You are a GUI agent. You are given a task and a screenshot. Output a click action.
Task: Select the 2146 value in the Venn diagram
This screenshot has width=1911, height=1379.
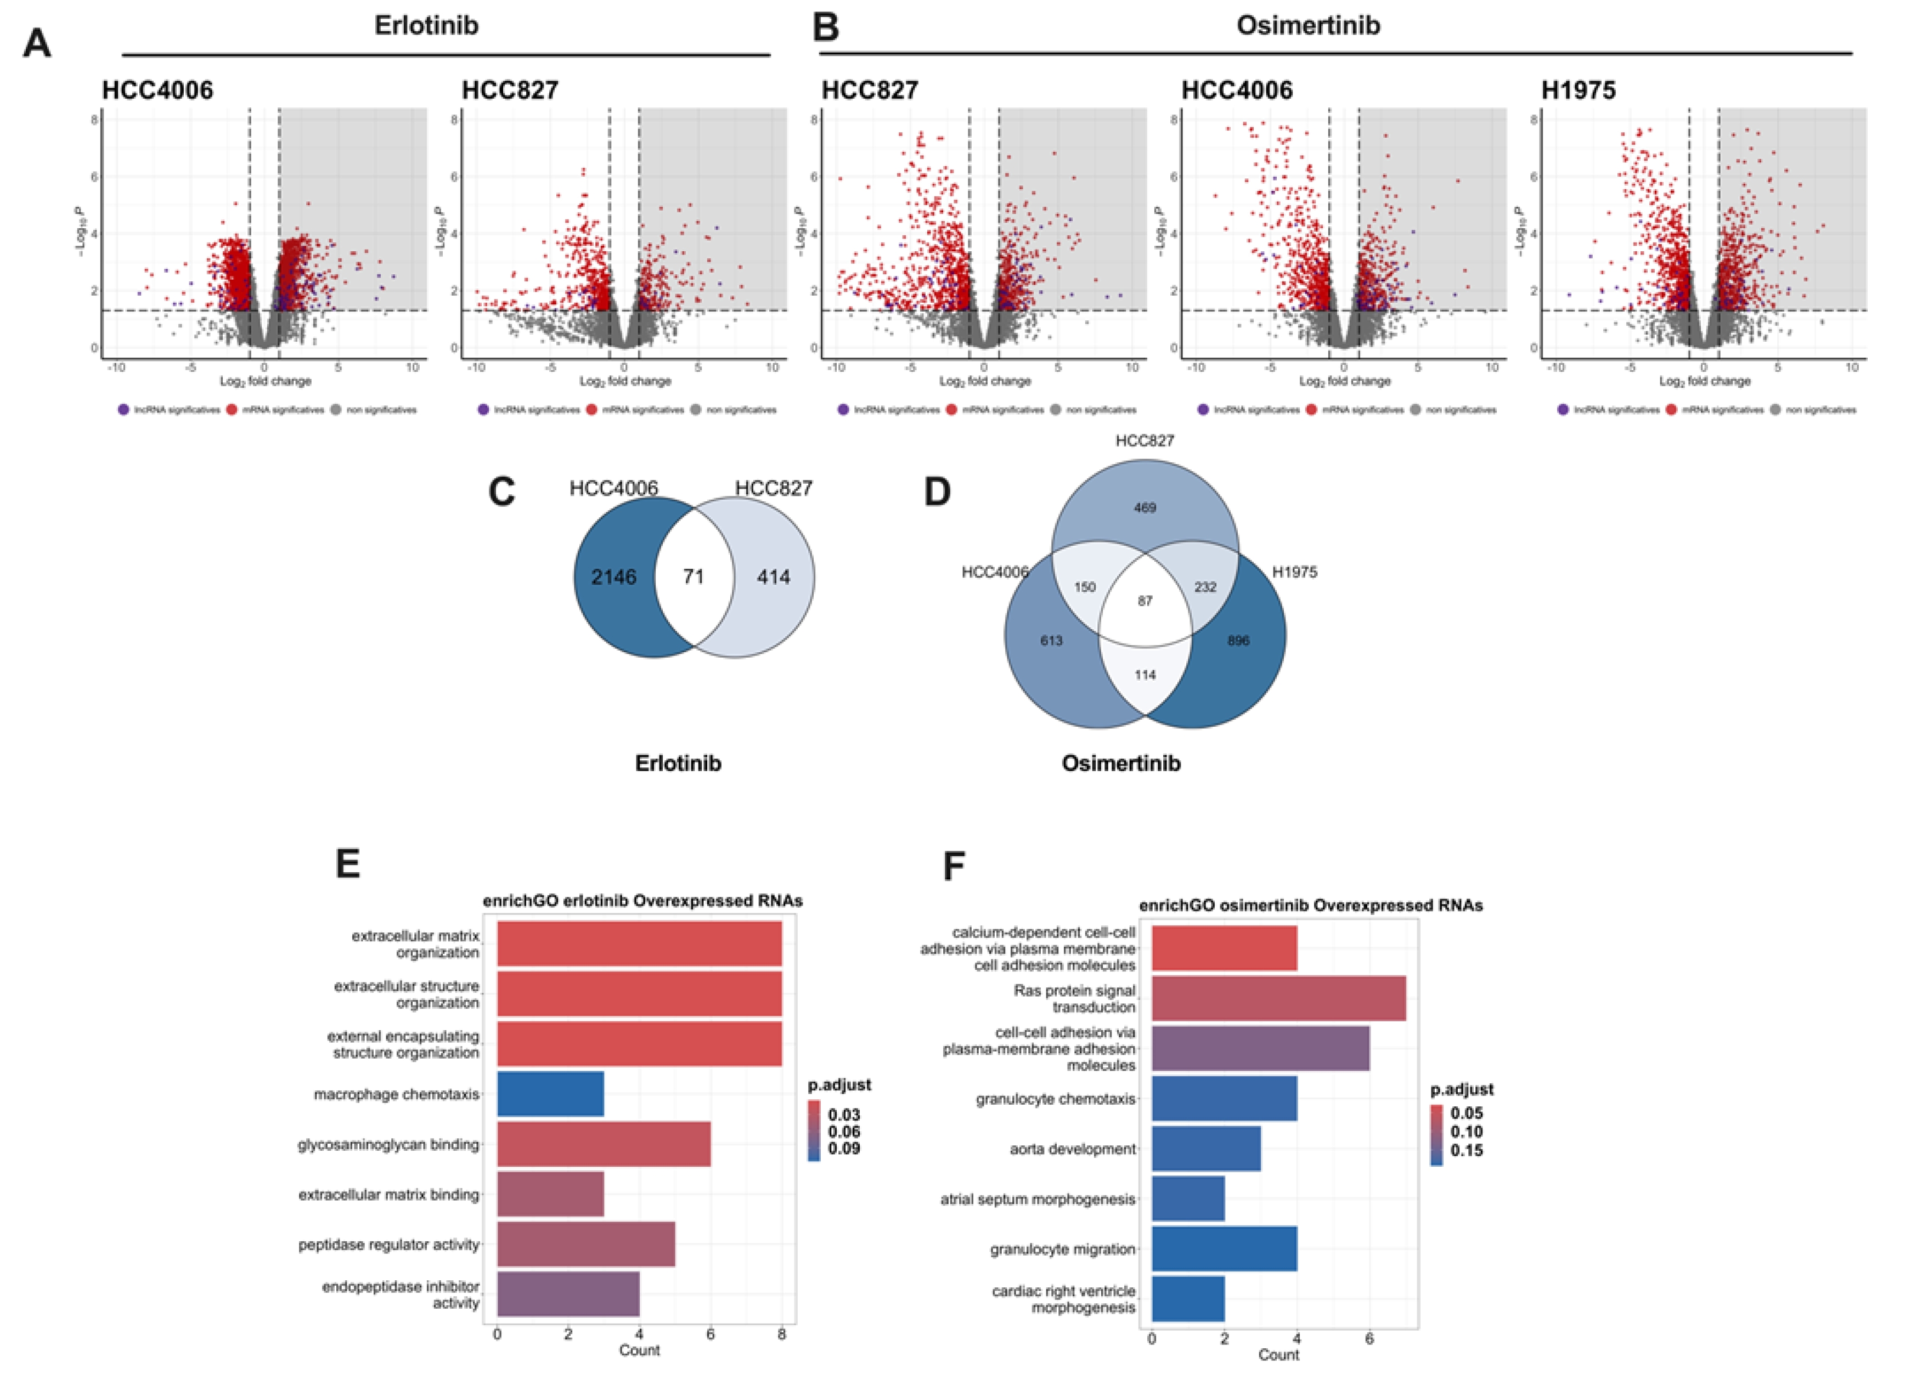[613, 577]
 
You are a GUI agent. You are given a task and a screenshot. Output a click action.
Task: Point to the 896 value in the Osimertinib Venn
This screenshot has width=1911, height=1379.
[1238, 641]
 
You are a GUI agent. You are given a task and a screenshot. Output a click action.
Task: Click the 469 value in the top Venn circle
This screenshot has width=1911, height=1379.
[1145, 508]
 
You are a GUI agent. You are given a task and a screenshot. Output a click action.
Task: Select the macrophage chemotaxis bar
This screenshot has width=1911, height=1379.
[550, 1093]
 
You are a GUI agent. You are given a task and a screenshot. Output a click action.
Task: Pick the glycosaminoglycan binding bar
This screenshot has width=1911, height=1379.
[604, 1143]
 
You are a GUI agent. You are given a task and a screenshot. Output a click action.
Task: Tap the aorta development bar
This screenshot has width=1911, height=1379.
[1206, 1148]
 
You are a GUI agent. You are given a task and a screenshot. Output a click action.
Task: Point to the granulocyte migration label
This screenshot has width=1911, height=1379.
[1063, 1248]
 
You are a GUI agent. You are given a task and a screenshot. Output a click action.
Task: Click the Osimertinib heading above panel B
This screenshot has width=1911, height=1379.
[1307, 25]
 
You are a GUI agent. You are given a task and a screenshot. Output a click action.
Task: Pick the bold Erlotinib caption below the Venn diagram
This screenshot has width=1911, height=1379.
[678, 763]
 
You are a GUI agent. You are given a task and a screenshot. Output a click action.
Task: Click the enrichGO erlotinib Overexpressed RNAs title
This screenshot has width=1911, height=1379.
[642, 901]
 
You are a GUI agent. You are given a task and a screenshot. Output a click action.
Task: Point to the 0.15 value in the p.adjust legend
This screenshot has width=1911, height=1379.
[1467, 1150]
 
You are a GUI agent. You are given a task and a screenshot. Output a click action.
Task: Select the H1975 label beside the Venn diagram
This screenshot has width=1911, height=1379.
[1294, 572]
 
